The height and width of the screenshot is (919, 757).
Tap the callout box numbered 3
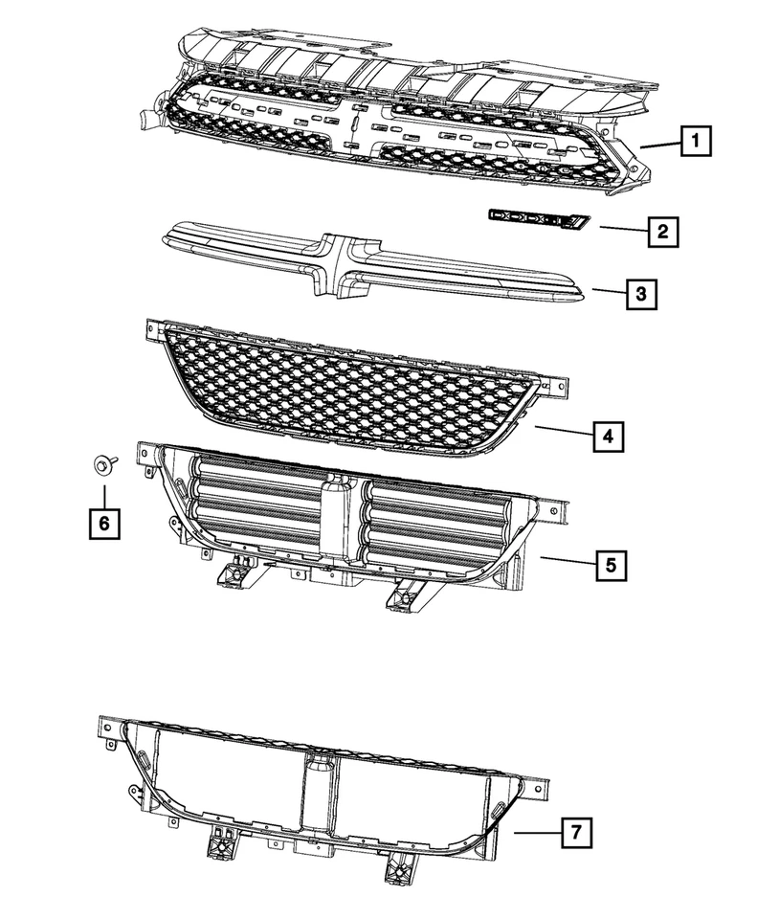point(641,294)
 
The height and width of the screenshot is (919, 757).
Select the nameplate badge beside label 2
point(537,219)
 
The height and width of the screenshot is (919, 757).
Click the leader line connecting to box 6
point(102,492)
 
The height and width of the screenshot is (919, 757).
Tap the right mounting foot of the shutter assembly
point(401,594)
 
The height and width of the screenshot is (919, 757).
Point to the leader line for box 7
point(535,834)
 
